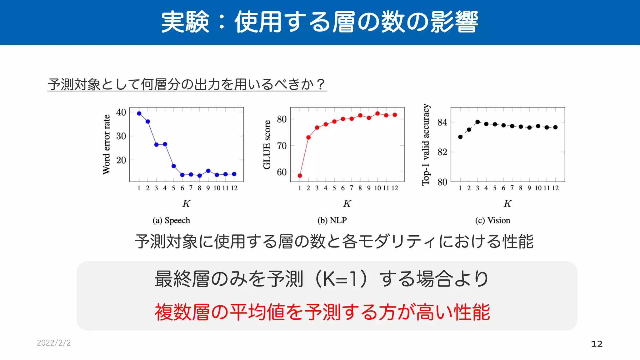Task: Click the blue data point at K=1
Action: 139,113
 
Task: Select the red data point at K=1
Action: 300,176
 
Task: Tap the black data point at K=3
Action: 477,122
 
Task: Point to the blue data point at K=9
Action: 208,171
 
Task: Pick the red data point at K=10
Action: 377,113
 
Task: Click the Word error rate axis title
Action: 107,144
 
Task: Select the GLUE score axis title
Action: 267,144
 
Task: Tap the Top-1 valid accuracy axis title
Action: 426,144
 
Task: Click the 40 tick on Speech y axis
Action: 121,112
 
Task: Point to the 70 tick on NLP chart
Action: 282,146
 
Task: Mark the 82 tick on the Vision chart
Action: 442,152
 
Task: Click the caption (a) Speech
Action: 171,220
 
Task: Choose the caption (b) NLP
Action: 332,220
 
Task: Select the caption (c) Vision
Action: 492,220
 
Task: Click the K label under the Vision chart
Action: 507,204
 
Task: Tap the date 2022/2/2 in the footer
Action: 54,343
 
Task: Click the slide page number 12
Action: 597,344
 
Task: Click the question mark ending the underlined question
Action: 320,84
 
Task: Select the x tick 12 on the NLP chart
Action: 395,188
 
